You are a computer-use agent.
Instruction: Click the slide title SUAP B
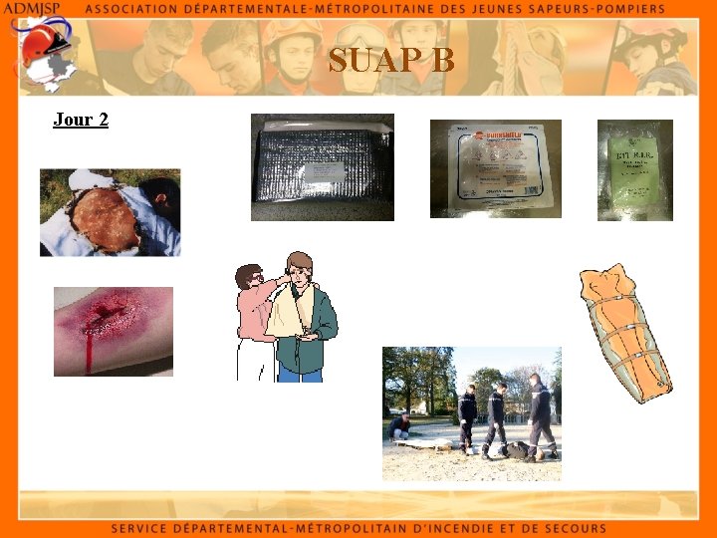click(x=391, y=61)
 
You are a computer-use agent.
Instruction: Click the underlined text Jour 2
click(x=81, y=120)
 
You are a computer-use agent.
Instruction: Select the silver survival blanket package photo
click(x=322, y=167)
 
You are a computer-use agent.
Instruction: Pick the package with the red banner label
click(x=495, y=168)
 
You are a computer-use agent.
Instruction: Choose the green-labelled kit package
click(x=634, y=170)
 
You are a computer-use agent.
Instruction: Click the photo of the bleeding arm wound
click(x=113, y=332)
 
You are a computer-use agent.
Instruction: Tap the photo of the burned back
click(x=110, y=212)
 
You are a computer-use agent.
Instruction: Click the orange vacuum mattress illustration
click(x=624, y=333)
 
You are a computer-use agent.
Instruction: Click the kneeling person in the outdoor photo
click(x=400, y=427)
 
